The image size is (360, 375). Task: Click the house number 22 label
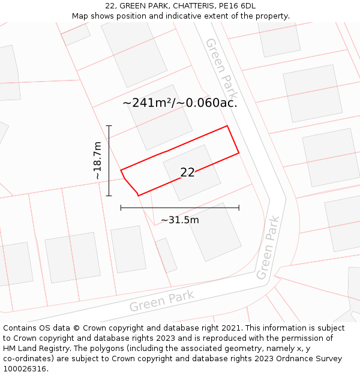(187, 172)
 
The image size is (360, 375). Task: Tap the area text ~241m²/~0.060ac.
(180, 103)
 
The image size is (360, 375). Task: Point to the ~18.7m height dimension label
(97, 161)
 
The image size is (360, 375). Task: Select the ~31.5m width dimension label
(180, 220)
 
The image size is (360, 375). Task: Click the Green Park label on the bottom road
(162, 301)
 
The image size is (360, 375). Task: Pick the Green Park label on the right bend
(268, 248)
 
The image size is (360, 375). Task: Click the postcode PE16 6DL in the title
(237, 6)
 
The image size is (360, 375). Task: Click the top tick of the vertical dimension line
(109, 125)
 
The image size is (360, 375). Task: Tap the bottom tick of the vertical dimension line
(109, 196)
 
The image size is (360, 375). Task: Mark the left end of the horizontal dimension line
(121, 208)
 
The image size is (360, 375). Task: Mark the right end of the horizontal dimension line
(239, 208)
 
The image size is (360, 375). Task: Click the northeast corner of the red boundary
(227, 126)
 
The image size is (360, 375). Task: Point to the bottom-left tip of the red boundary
(138, 195)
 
